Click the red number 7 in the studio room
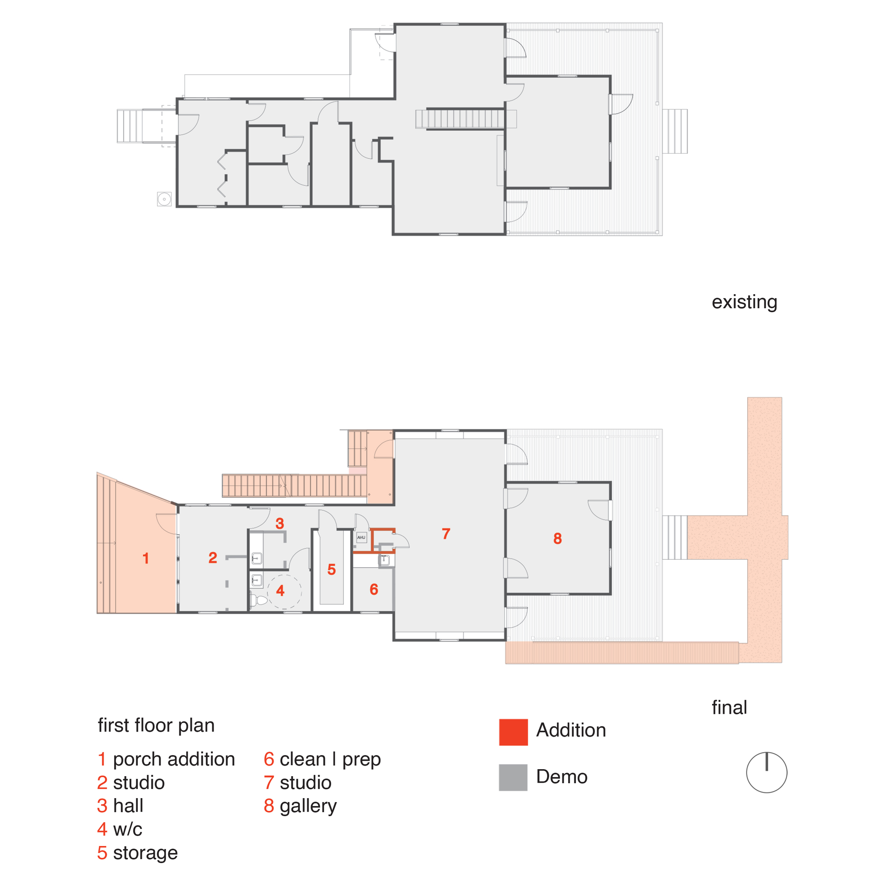[446, 533]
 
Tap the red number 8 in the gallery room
[558, 539]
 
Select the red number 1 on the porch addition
[145, 558]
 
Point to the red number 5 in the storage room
[331, 569]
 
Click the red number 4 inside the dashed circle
[280, 590]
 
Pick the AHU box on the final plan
[361, 538]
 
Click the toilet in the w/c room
[260, 601]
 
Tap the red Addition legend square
[513, 732]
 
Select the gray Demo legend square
[513, 777]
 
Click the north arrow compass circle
[766, 773]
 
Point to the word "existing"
[744, 302]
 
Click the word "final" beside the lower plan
[729, 708]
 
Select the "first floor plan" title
[156, 725]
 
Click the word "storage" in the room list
[145, 853]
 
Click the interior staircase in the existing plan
[460, 119]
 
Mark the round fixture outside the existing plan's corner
[164, 199]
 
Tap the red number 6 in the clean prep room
[374, 590]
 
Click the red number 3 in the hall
[280, 524]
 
